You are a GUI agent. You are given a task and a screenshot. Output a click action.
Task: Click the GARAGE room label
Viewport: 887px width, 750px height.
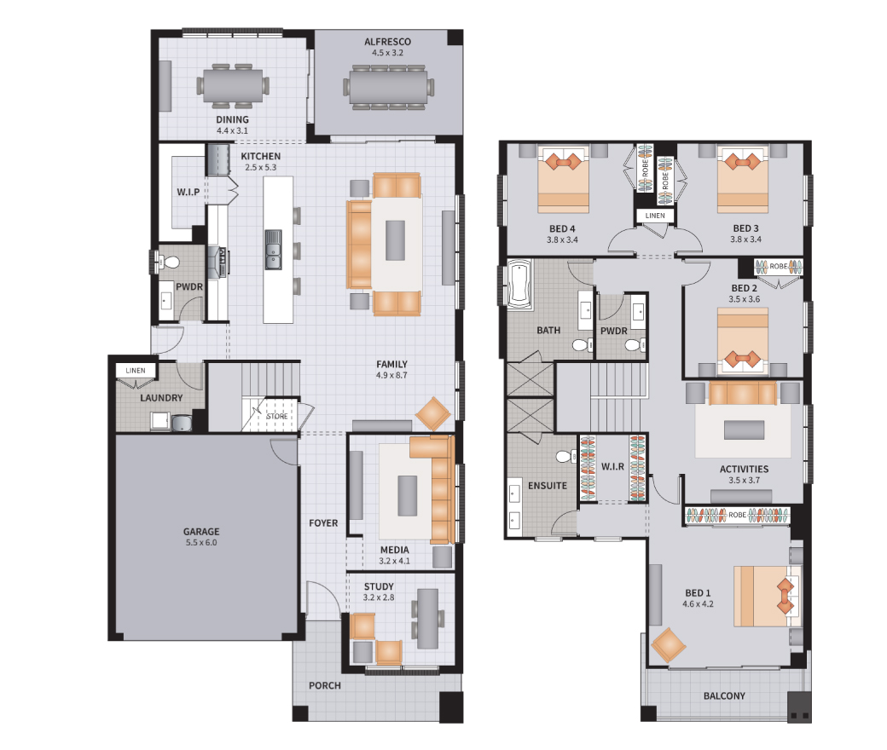coord(200,531)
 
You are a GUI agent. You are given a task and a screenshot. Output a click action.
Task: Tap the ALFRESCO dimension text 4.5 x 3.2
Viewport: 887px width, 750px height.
coord(387,53)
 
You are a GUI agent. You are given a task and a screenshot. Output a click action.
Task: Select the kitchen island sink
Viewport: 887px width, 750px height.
coord(273,249)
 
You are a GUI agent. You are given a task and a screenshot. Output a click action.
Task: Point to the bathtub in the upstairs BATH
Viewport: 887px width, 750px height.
coord(519,284)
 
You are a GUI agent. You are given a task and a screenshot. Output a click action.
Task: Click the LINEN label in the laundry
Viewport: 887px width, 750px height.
coord(136,371)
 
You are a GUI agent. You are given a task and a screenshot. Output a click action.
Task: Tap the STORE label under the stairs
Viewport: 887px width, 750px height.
coord(277,416)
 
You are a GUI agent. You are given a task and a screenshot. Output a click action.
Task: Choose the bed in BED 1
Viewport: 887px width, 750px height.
coord(767,596)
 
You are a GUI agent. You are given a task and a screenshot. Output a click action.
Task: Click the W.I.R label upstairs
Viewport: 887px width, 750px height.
coord(612,466)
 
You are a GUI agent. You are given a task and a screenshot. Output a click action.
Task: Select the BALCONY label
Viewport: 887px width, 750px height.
coord(724,695)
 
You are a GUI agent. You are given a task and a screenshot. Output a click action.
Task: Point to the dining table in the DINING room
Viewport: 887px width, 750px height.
coord(233,86)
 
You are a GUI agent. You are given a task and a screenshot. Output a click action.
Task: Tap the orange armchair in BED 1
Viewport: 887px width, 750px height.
coord(668,645)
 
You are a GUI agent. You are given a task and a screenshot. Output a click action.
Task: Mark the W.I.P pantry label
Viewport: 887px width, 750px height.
coord(188,192)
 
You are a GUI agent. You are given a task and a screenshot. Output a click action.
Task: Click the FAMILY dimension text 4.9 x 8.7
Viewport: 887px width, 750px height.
coord(391,375)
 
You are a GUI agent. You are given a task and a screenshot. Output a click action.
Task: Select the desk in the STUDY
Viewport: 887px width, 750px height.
coord(427,618)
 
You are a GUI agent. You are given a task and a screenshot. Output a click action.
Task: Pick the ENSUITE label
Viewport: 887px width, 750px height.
coord(547,486)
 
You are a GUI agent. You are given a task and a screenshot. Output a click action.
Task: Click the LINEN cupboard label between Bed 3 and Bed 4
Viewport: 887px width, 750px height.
coord(655,216)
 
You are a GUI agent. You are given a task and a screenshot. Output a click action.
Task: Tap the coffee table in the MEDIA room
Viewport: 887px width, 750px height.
coord(408,496)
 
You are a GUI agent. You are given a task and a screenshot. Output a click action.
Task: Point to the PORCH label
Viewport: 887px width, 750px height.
coord(325,685)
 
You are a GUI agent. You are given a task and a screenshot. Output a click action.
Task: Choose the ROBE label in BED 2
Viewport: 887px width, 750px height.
coord(778,266)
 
